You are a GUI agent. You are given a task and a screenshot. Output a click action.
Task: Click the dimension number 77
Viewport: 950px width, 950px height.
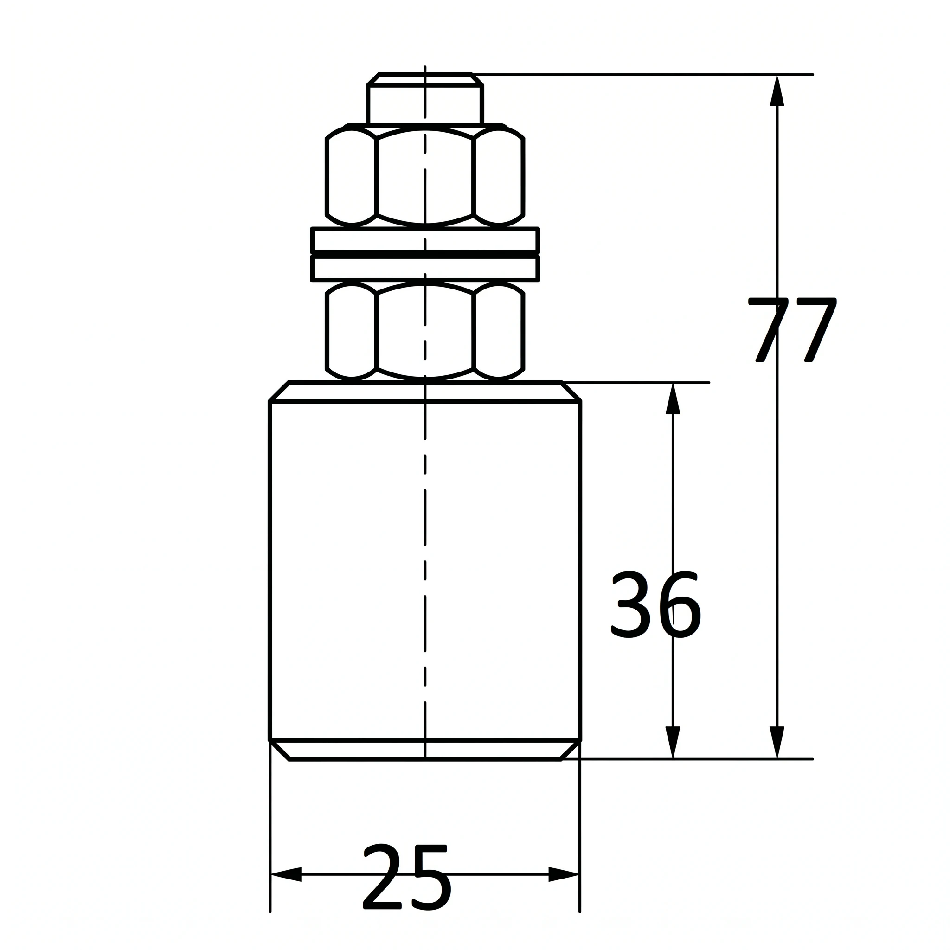point(792,330)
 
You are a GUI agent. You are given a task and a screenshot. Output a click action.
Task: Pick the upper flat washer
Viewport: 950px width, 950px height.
point(425,240)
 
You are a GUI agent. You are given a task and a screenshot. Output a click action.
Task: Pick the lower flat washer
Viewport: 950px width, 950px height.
point(425,269)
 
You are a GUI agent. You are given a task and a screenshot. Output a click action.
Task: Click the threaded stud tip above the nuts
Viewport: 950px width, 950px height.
point(425,99)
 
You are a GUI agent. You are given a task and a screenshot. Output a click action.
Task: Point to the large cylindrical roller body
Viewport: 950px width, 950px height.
point(425,571)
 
